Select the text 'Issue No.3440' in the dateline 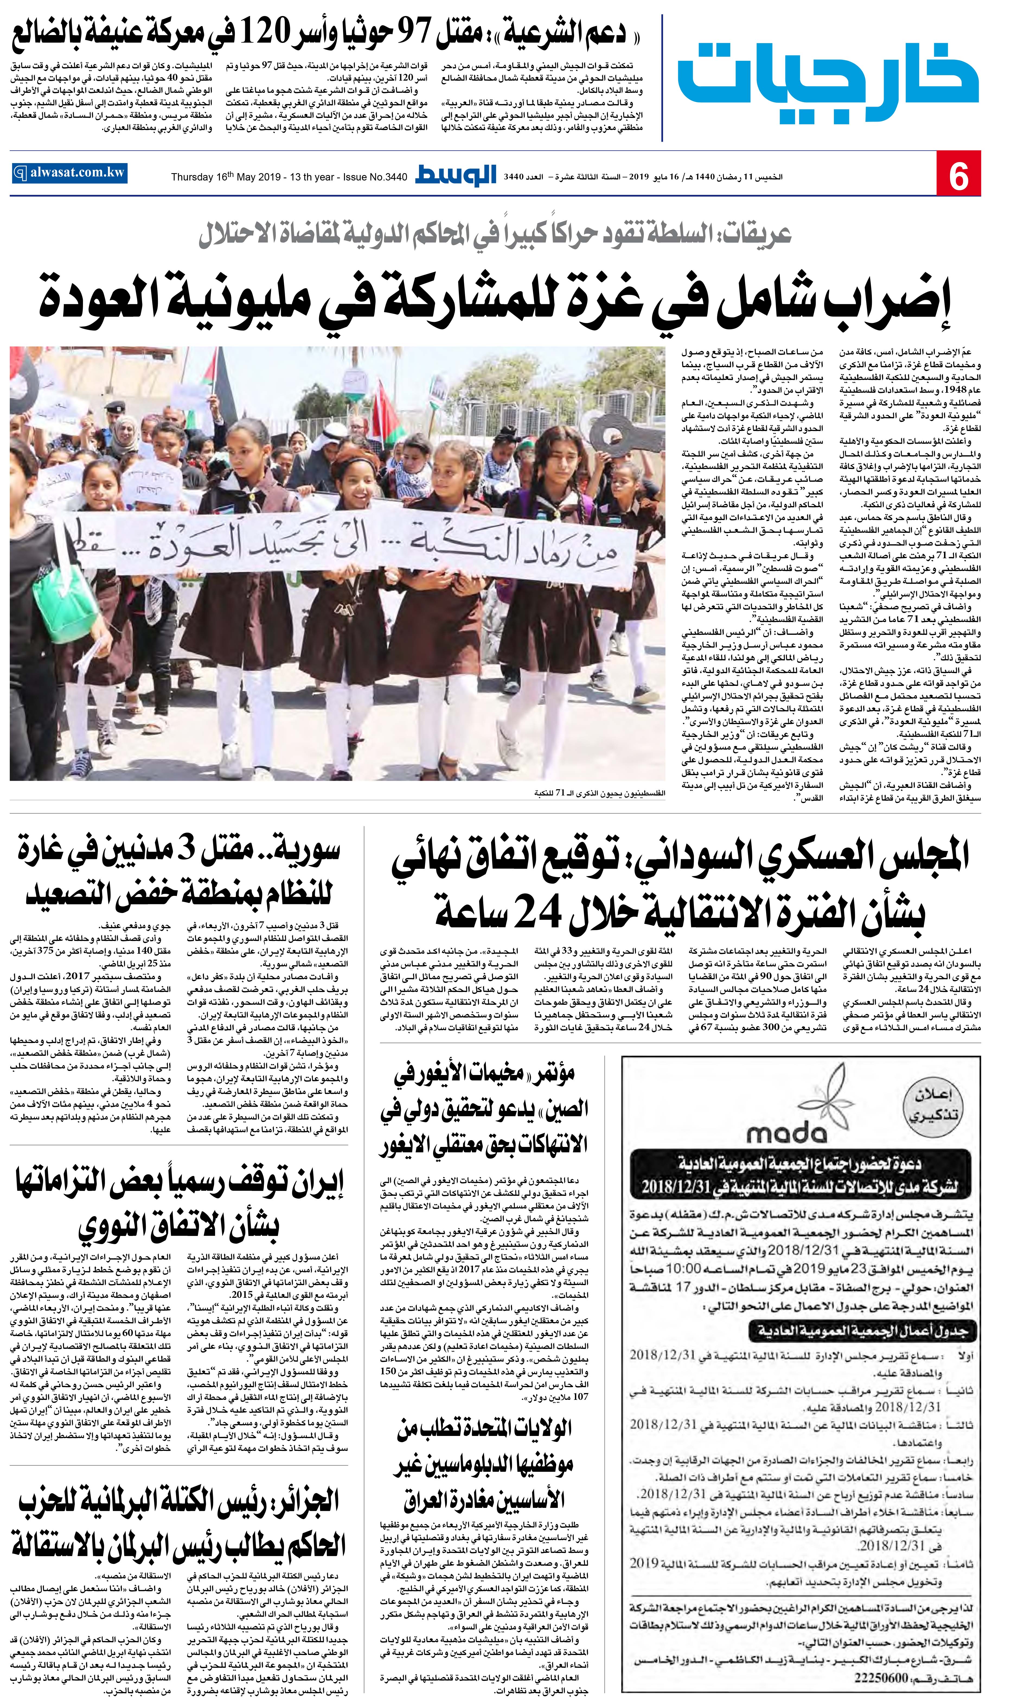pyautogui.click(x=375, y=177)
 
